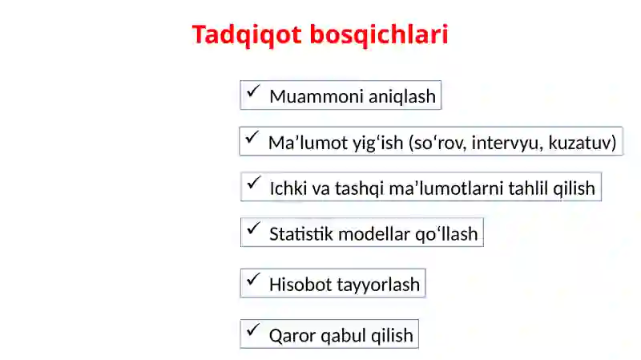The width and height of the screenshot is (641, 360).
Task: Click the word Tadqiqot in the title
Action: [x=247, y=34]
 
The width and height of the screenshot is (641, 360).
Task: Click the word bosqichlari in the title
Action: [x=379, y=34]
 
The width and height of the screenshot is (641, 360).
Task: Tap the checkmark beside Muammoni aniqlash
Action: [x=253, y=91]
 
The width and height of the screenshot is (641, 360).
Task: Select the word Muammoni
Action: [x=316, y=96]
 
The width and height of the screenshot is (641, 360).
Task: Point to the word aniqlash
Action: [x=402, y=97]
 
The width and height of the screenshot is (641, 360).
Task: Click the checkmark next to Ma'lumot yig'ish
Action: [x=252, y=137]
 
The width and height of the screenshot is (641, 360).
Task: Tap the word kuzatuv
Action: [x=579, y=143]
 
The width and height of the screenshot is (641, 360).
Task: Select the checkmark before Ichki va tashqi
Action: [x=253, y=183]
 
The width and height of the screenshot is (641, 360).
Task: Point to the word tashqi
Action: [x=359, y=189]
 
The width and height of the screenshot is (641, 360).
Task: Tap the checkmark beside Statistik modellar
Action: [x=253, y=228]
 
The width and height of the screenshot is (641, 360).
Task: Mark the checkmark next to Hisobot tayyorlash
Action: [x=253, y=279]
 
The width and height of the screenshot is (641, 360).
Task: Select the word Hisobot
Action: [x=300, y=285]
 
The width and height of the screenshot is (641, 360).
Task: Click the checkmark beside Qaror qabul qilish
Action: [x=253, y=330]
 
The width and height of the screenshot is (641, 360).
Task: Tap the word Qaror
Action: [x=292, y=336]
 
